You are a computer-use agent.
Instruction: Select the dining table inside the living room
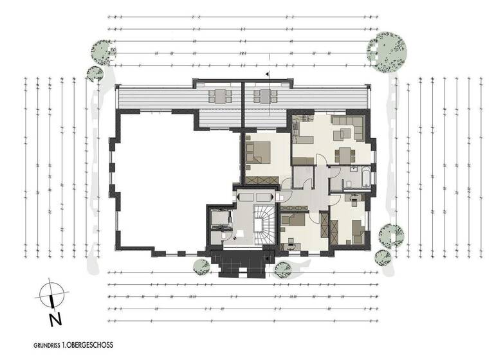click(x=346, y=155)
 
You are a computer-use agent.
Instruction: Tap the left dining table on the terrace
click(x=220, y=97)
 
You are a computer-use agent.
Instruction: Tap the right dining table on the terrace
click(x=264, y=97)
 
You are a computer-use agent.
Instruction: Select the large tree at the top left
click(x=103, y=51)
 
